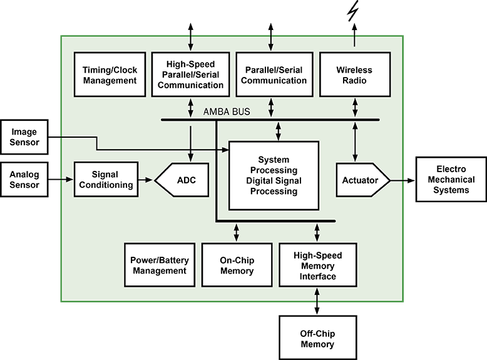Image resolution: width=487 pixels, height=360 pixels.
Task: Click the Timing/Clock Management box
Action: pyautogui.click(x=110, y=75)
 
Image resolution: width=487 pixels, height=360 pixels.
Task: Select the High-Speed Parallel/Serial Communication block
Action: pyautogui.click(x=190, y=75)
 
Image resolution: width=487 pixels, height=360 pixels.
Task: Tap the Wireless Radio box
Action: pyautogui.click(x=354, y=75)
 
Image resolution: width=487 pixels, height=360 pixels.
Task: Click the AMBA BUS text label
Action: pyautogui.click(x=227, y=112)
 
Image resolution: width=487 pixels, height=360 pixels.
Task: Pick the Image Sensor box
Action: pyautogui.click(x=24, y=137)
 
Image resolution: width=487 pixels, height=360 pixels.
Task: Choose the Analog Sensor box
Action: pyautogui.click(x=24, y=180)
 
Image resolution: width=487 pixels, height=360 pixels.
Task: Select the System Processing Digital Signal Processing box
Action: pyautogui.click(x=273, y=175)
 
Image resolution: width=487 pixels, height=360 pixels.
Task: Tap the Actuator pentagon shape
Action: pyautogui.click(x=361, y=180)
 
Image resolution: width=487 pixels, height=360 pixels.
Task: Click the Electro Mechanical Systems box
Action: pyautogui.click(x=451, y=180)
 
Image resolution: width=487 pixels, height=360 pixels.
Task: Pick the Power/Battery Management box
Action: pyautogui.click(x=159, y=265)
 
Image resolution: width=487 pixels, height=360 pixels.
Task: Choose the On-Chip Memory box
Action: pyautogui.click(x=237, y=265)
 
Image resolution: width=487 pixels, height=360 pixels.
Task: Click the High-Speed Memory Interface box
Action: pyautogui.click(x=318, y=265)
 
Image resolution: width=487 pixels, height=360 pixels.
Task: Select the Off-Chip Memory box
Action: pyautogui.click(x=317, y=339)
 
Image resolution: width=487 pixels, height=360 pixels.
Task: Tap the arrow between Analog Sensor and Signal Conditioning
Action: pyautogui.click(x=64, y=180)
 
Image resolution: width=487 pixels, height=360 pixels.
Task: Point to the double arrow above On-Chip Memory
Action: pyautogui.click(x=236, y=232)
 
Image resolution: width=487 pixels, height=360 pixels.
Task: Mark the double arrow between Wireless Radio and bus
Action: pyautogui.click(x=355, y=108)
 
